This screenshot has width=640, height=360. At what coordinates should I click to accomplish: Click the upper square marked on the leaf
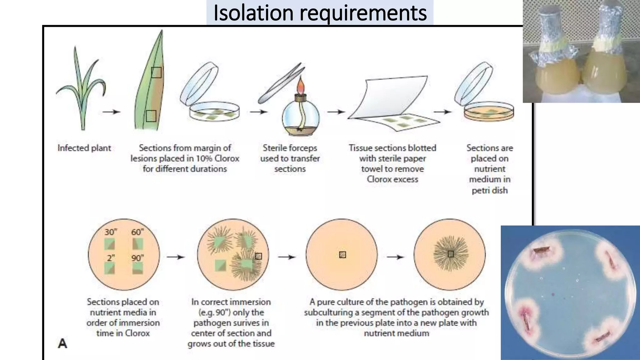pyautogui.click(x=156, y=72)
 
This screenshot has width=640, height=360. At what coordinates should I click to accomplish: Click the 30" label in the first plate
pyautogui.click(x=111, y=232)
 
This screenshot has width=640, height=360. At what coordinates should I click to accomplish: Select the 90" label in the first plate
pyautogui.click(x=137, y=258)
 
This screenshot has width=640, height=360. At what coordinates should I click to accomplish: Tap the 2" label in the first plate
pyautogui.click(x=111, y=258)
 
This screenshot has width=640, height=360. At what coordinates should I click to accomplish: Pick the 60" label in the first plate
pyautogui.click(x=137, y=232)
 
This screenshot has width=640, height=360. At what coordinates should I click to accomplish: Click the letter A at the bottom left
pyautogui.click(x=62, y=343)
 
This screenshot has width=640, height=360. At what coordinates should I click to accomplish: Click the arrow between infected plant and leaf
pyautogui.click(x=111, y=112)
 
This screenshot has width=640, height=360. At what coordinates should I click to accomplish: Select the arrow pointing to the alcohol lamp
pyautogui.click(x=258, y=112)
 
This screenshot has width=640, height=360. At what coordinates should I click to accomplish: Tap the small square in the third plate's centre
pyautogui.click(x=342, y=255)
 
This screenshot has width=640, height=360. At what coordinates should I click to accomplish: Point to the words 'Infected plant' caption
pyautogui.click(x=84, y=148)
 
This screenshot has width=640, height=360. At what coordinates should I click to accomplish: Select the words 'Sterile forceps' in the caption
pyautogui.click(x=290, y=148)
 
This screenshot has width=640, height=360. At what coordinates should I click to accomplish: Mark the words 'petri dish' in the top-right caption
pyautogui.click(x=489, y=190)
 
